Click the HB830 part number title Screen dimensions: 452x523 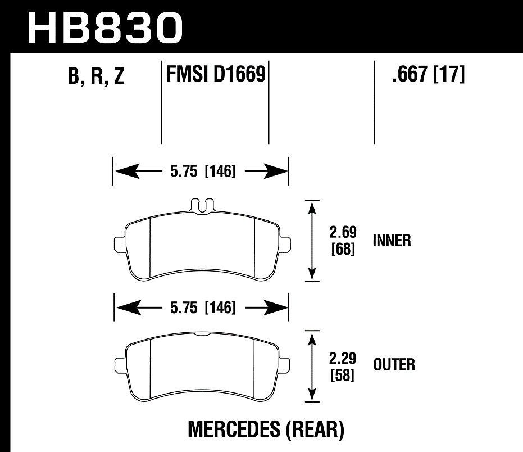tap(106, 26)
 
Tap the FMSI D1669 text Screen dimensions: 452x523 tap(215, 74)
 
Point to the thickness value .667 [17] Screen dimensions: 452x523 tap(429, 74)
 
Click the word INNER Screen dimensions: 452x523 tap(392, 241)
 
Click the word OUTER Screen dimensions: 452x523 tap(394, 365)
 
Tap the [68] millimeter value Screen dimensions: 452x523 tap(342, 248)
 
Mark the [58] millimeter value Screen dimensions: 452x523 tap(342, 375)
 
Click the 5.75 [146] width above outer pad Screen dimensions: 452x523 tap(202, 308)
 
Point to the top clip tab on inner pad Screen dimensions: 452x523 tap(202, 205)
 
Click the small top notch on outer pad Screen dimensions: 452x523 tap(202, 336)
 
